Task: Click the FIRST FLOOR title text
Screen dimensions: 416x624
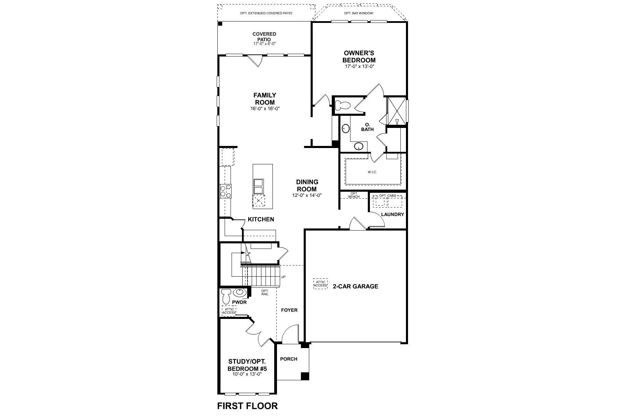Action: coord(247,406)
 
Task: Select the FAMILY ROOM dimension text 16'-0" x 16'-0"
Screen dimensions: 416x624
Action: coord(265,109)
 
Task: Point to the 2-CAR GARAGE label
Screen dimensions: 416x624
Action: coord(355,286)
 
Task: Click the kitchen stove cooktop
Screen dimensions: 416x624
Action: coord(226,191)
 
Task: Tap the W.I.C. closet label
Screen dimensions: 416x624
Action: coord(372,172)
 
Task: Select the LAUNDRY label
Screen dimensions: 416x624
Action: coord(392,214)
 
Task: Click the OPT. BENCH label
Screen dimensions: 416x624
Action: coord(354,195)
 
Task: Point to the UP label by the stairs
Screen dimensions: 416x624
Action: coord(283,277)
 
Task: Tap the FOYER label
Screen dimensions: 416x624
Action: coord(289,310)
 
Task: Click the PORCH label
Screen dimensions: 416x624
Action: coord(289,359)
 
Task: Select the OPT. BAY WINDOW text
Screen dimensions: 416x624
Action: coord(358,13)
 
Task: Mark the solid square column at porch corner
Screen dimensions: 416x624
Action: coord(304,376)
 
